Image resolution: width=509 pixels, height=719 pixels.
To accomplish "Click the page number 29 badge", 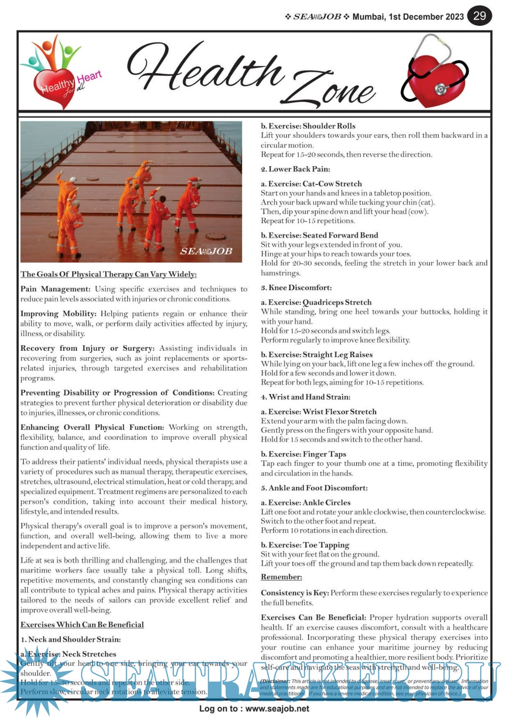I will (x=479, y=16).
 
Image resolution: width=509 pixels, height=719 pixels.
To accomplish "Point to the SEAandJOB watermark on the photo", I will (x=206, y=251).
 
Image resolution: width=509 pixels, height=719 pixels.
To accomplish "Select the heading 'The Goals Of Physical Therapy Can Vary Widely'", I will (x=108, y=274).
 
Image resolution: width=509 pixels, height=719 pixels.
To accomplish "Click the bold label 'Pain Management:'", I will (x=55, y=289).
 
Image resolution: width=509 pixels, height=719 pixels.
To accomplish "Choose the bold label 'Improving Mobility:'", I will (x=58, y=314).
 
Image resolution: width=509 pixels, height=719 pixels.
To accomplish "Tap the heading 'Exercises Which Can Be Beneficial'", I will (x=82, y=624).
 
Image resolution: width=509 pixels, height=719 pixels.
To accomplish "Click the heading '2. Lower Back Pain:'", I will (x=296, y=169).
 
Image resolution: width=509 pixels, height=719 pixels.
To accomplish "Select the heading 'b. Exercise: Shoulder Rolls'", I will (x=308, y=126).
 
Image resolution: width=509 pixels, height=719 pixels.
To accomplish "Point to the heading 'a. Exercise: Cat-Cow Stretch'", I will (x=312, y=184).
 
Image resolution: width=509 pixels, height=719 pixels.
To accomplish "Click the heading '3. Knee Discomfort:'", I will (x=296, y=287).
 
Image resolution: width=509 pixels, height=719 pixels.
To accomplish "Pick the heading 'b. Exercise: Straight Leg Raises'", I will (x=317, y=354).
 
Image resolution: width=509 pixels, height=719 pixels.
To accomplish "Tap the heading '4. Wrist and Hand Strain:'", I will (x=305, y=396).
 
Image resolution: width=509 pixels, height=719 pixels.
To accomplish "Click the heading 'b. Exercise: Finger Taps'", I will (x=304, y=454).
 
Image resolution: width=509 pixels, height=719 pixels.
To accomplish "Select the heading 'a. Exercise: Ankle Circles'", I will (x=306, y=502).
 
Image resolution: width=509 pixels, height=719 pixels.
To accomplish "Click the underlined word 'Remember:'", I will (x=281, y=577).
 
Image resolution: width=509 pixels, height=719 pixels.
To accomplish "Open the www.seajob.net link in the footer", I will (x=277, y=708).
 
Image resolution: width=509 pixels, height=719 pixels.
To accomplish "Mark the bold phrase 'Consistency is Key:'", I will (x=295, y=592).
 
